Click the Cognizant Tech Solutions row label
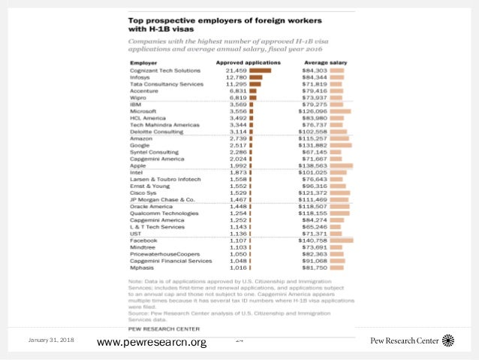pos(167,70)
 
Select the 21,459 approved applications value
pos(236,70)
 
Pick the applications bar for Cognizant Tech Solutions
pos(260,70)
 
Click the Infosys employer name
pos(140,77)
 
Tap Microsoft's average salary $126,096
pos(314,111)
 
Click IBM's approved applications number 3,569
pos(238,104)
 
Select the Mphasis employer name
pos(142,268)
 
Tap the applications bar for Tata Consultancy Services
pos(255,83)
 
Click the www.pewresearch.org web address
pos(152,343)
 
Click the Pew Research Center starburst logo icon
pos(448,340)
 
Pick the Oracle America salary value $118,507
pos(314,205)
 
